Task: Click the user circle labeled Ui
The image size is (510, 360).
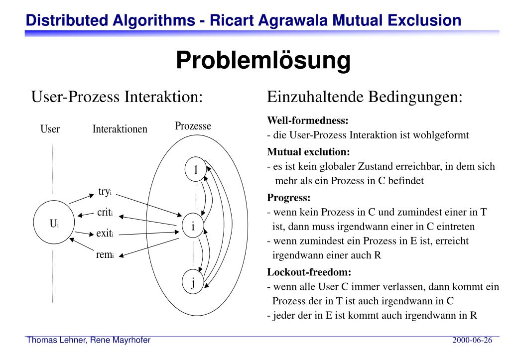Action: pyautogui.click(x=54, y=224)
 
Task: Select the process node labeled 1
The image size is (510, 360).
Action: pyautogui.click(x=195, y=170)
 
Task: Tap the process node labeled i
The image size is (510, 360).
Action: pyautogui.click(x=193, y=226)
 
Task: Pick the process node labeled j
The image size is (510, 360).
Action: pyautogui.click(x=193, y=282)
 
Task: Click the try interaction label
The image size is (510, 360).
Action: pyautogui.click(x=105, y=192)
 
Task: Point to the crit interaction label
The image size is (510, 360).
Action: pyautogui.click(x=105, y=213)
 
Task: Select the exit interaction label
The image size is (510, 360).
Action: pyautogui.click(x=105, y=233)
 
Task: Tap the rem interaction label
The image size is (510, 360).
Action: pyautogui.click(x=105, y=254)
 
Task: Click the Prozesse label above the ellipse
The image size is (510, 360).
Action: pyautogui.click(x=193, y=126)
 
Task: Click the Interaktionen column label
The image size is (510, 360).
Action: pyautogui.click(x=120, y=129)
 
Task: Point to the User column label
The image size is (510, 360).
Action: pyautogui.click(x=50, y=129)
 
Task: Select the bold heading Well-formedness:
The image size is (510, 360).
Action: pyautogui.click(x=307, y=121)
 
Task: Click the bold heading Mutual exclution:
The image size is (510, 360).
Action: pyautogui.click(x=308, y=151)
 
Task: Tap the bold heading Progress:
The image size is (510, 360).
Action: pyautogui.click(x=288, y=197)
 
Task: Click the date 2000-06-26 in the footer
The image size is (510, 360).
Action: pyautogui.click(x=472, y=341)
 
